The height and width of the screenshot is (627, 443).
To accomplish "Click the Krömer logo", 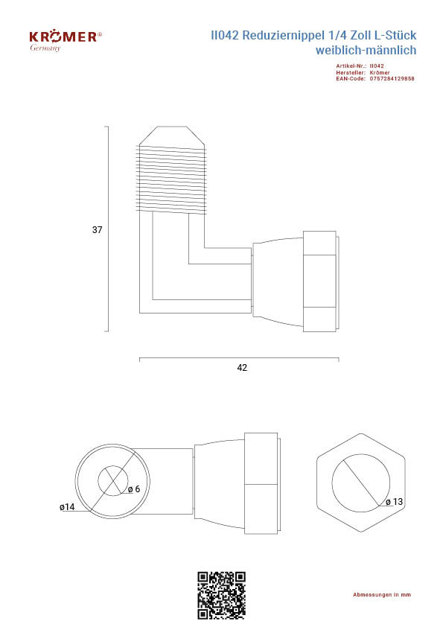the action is [66, 36].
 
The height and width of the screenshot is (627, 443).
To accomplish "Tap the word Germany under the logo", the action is [45, 48].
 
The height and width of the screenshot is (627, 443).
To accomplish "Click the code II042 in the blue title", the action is [225, 35].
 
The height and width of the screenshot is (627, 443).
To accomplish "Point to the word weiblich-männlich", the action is [366, 50].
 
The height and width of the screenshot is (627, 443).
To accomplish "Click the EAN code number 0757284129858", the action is [392, 79].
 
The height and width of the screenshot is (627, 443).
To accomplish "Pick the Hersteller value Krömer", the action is [380, 72].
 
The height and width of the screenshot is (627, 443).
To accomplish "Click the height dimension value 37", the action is [97, 229].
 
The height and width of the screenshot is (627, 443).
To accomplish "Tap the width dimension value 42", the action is [242, 367].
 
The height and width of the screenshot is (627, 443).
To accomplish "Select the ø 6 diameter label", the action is [134, 489].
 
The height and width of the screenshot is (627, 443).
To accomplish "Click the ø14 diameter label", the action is [67, 507].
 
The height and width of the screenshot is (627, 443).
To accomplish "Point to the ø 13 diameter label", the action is [394, 501].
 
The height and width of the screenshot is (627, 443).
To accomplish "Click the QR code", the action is [221, 596].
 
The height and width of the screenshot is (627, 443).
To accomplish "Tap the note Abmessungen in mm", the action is [382, 595].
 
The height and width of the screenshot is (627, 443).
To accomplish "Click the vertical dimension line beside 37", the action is [108, 229].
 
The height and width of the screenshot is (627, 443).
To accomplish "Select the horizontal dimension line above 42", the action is [239, 358].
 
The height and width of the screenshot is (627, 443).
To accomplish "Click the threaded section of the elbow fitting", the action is [171, 179].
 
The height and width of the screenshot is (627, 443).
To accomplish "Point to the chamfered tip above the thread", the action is [172, 136].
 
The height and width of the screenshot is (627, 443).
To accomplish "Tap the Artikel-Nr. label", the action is [351, 66].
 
